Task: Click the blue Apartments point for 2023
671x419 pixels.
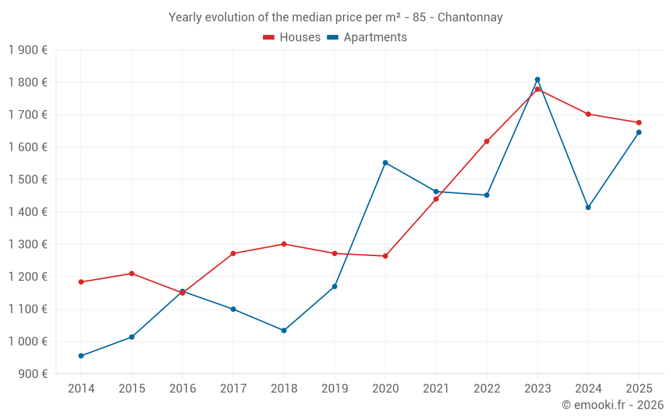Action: pos(537,80)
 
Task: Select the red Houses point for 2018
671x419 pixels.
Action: pos(284,244)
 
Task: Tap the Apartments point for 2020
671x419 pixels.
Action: pos(385,163)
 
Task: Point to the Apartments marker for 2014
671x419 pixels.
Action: pos(81,356)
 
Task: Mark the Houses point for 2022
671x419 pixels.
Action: pos(486,141)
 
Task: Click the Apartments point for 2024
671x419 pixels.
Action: pos(588,207)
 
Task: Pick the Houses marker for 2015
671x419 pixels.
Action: pos(132,274)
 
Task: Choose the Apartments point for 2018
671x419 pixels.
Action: pos(284,331)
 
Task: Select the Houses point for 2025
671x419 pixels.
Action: pos(639,123)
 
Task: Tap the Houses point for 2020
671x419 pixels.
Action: pos(385,256)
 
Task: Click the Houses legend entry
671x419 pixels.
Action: pos(292,37)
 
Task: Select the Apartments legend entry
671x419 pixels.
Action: pos(367,37)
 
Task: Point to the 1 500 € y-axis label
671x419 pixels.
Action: pos(28,179)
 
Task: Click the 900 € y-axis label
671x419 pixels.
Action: pos(32,373)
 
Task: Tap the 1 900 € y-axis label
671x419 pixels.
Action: pos(28,50)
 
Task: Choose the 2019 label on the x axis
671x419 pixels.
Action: pos(335,388)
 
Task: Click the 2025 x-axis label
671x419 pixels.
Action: pos(639,388)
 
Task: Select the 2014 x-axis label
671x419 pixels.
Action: pos(81,388)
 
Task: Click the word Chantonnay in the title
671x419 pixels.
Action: pos(470,17)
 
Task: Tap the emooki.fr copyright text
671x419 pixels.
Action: pos(613,404)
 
